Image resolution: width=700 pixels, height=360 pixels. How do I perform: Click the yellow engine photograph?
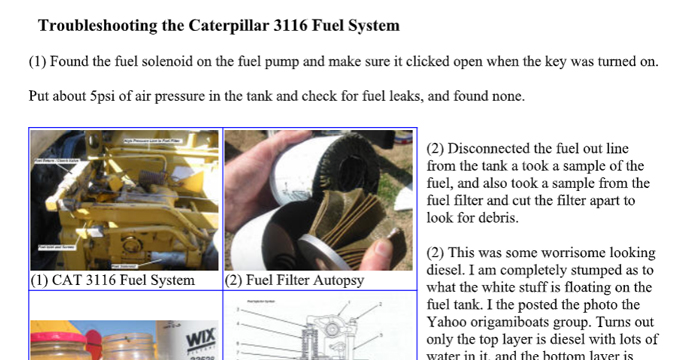point(124,200)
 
